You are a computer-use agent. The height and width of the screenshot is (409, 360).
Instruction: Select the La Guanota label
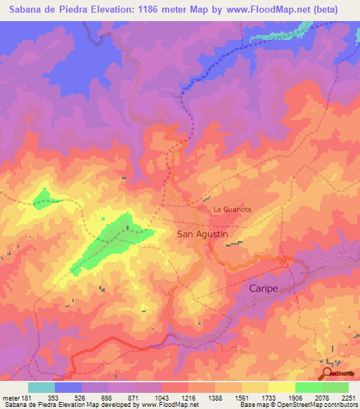[232, 209]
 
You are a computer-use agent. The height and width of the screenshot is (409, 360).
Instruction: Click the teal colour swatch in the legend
[41, 387]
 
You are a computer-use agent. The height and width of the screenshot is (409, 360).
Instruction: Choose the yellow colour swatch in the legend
[281, 387]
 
